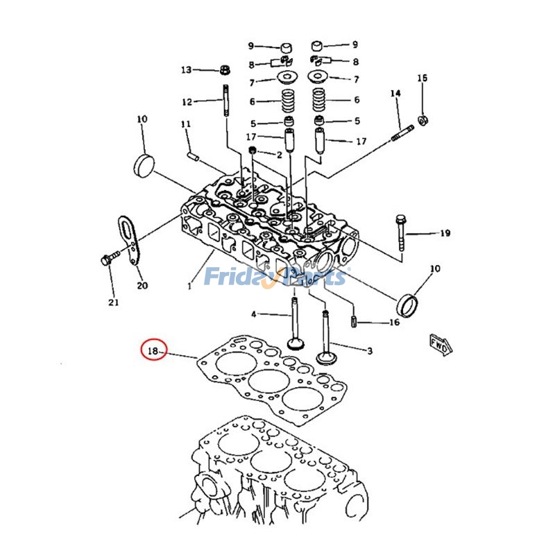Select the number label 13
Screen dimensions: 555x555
pos(186,70)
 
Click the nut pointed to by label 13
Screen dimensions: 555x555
pos(225,69)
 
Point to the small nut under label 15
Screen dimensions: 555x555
pos(424,119)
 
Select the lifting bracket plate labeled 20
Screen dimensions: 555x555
pos(130,239)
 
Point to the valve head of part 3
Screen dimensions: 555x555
pos(325,358)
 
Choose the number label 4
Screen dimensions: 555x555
pos(253,314)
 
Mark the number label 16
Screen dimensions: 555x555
pos(394,323)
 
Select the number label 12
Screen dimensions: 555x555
pos(187,103)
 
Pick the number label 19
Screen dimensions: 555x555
pos(445,233)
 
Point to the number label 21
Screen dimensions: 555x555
pos(114,302)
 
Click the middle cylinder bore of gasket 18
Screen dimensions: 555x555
pos(269,381)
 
